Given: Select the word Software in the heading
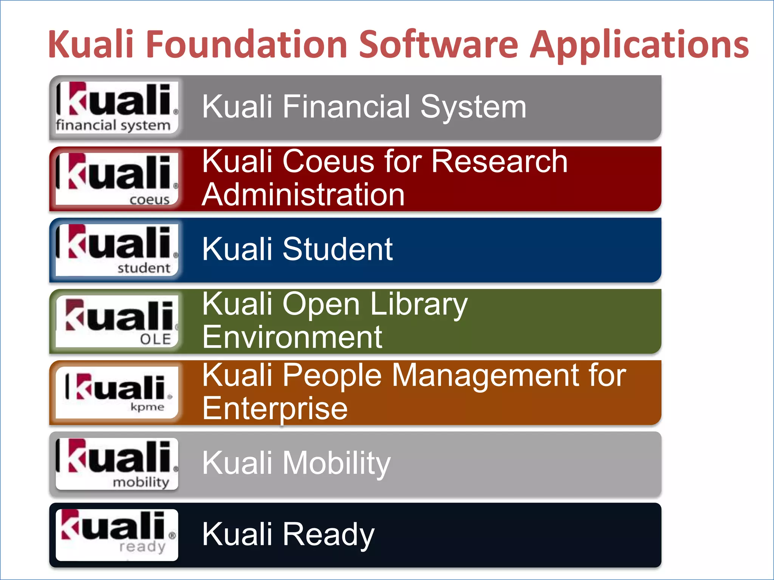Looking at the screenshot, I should pos(438,45).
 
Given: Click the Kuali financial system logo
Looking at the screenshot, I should pos(117,107).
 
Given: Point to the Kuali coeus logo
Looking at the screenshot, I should pos(117,179).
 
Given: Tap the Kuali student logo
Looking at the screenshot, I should pos(117,250).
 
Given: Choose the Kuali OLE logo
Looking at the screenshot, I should pos(117,321).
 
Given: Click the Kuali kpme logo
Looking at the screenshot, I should pos(117,392).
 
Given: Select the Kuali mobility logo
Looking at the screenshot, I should pos(117,464).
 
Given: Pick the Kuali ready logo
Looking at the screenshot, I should pos(117,535).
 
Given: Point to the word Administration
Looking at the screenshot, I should pos(303,195).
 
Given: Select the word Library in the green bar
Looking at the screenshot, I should pos(419,305).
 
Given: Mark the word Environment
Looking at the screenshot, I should pos(292,337).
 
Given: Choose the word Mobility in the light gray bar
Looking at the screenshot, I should pos(336,464).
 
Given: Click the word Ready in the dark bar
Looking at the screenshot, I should pos(328,535).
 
